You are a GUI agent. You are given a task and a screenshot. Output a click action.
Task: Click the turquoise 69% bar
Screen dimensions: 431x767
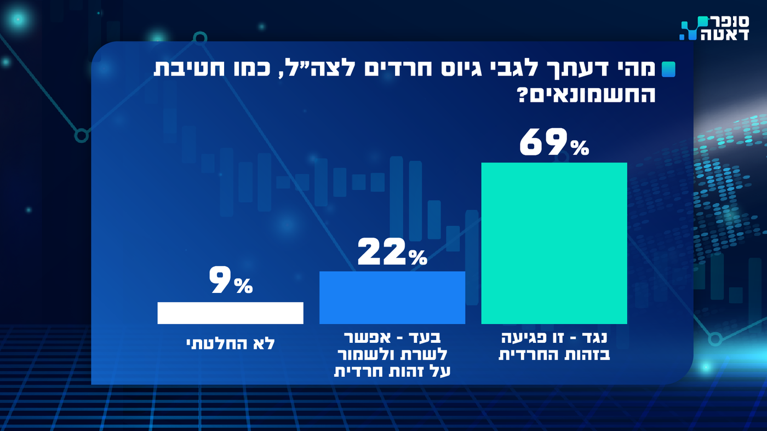554,243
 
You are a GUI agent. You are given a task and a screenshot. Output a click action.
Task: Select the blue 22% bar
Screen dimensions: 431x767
392,297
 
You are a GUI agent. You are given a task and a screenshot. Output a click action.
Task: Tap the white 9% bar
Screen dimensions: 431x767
230,313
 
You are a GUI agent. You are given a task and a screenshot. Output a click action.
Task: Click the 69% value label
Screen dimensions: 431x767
554,143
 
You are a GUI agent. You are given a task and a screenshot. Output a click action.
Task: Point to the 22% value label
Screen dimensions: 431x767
392,252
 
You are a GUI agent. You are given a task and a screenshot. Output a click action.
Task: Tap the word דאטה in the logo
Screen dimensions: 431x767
725,35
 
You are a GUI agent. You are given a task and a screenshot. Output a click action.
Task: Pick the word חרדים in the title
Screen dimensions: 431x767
420,70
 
